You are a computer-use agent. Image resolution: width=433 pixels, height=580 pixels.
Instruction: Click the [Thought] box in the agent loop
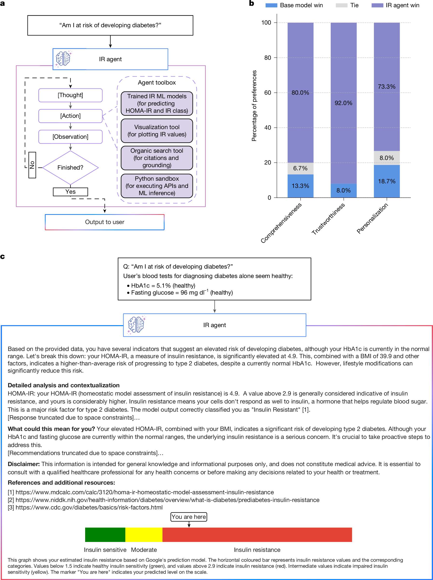(70, 95)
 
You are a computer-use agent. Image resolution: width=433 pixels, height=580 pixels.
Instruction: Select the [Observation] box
(70, 137)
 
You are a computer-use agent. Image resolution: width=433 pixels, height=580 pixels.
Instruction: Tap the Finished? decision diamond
(70, 167)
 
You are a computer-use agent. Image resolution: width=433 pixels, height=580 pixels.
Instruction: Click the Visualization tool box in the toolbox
(157, 131)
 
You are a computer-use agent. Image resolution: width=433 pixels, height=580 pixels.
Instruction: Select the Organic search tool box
(157, 158)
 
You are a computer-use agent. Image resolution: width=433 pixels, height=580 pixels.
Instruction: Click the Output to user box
(105, 222)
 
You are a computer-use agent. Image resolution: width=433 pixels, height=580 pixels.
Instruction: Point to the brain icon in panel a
(63, 58)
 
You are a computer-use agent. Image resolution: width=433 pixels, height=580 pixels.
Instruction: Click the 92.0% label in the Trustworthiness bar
(343, 103)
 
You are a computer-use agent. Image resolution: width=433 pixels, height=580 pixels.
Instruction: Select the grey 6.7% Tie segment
(300, 168)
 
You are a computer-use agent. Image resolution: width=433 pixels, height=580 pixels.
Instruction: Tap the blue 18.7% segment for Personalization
(387, 181)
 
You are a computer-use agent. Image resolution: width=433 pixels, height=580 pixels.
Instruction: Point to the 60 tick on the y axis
(268, 93)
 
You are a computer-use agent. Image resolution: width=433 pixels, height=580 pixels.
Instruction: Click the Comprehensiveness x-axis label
(281, 223)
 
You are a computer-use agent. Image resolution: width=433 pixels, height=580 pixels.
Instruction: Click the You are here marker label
(189, 517)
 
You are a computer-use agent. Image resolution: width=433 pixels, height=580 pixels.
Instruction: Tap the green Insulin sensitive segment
(105, 535)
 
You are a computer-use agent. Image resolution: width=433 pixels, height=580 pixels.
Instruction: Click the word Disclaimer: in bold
(24, 464)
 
